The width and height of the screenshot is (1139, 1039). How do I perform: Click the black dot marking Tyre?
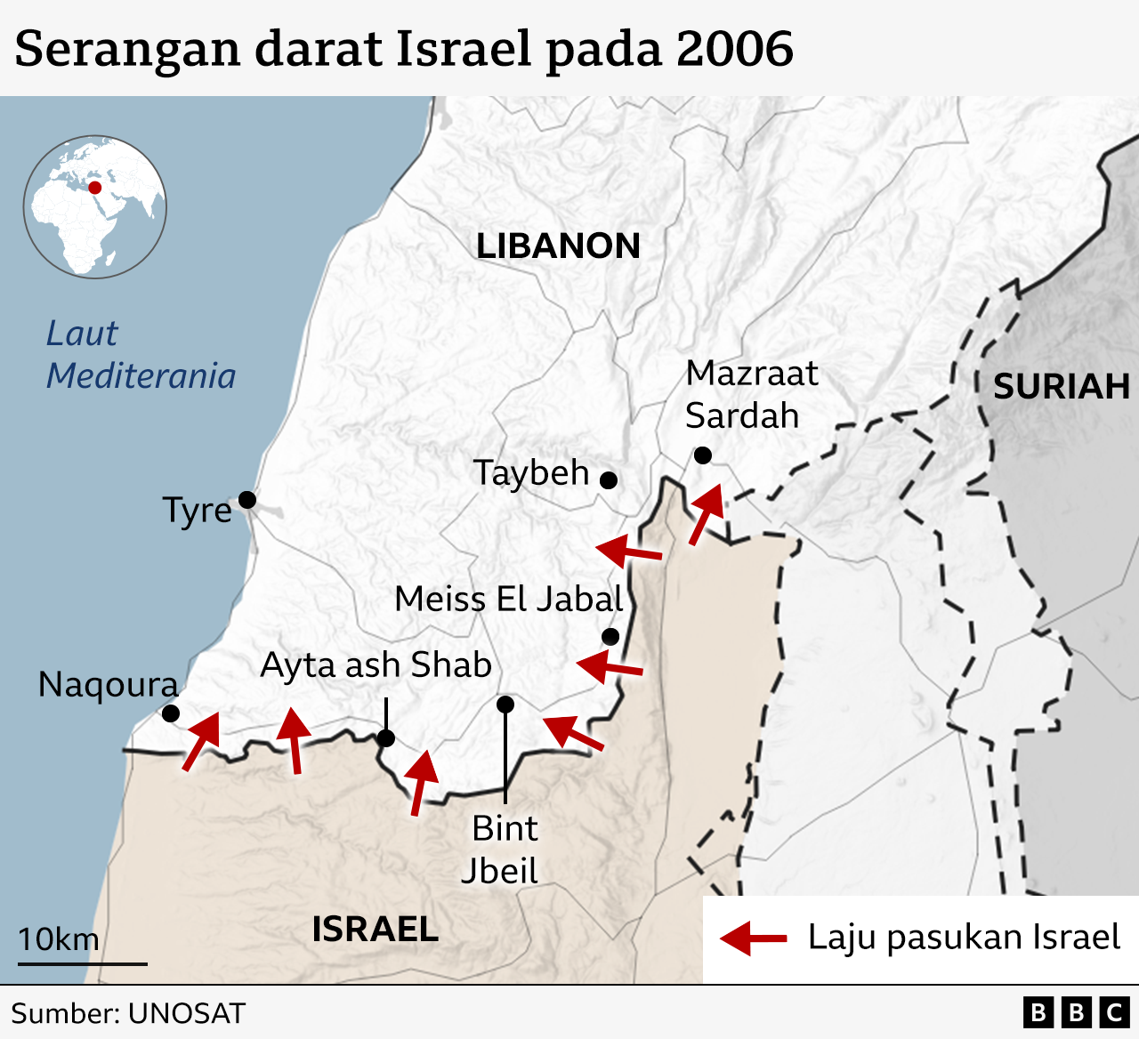click(x=247, y=500)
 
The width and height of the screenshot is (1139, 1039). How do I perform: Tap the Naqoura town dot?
click(x=171, y=713)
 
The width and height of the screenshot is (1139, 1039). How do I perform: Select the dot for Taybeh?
click(x=609, y=480)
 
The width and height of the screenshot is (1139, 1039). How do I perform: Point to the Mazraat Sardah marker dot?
click(x=702, y=455)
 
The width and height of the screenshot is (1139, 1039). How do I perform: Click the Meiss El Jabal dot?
click(x=610, y=637)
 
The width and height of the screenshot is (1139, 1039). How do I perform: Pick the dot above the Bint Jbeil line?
click(x=505, y=705)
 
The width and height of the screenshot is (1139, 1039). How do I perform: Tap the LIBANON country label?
click(x=558, y=246)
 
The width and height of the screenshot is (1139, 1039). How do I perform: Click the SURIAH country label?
click(x=1061, y=387)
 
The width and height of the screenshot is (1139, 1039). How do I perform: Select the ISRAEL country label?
click(x=375, y=930)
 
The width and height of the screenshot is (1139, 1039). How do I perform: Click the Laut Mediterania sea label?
click(x=141, y=355)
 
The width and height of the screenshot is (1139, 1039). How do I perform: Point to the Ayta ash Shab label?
click(x=376, y=665)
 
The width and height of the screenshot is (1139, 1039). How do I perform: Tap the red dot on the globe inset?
click(x=94, y=188)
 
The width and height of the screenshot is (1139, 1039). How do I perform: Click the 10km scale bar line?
click(x=82, y=963)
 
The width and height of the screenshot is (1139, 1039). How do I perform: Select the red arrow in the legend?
click(x=753, y=938)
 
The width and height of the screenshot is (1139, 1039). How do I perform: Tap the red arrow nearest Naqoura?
click(x=202, y=740)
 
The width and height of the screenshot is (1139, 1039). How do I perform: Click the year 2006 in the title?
click(x=734, y=49)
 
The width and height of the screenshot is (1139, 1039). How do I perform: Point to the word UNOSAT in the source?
click(x=186, y=1013)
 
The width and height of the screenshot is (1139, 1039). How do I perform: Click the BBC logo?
click(x=1075, y=1012)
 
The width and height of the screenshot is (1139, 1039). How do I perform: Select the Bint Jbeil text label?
click(x=501, y=850)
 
